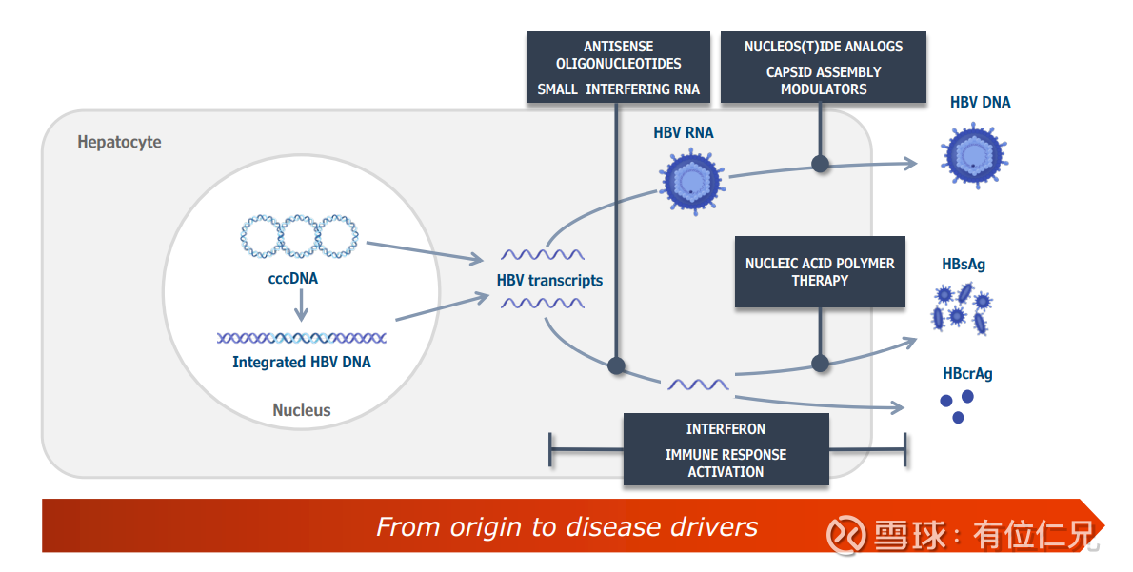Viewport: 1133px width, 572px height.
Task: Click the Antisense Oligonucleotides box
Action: point(618,67)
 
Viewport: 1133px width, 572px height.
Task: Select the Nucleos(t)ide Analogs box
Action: point(823,67)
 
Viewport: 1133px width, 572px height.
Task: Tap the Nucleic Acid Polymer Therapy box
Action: point(820,271)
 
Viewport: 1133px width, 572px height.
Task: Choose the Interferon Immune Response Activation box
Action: point(726,449)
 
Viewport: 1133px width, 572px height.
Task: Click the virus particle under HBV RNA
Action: point(692,181)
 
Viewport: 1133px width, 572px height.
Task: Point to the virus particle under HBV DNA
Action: point(974,155)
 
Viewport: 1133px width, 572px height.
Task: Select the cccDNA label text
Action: point(293,279)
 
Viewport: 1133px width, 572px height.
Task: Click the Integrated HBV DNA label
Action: point(302,362)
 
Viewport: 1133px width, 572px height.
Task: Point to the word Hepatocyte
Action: point(119,143)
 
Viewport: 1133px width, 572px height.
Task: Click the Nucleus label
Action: point(302,410)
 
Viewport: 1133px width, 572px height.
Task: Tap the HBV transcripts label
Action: point(549,280)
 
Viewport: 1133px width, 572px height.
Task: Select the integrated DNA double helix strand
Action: point(301,337)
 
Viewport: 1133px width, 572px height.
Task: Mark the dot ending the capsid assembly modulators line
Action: point(820,164)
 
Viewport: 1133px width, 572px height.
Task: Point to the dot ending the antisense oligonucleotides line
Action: point(616,365)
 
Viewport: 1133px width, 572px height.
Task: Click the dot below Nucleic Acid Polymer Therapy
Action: point(820,363)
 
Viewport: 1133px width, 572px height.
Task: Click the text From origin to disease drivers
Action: point(566,526)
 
